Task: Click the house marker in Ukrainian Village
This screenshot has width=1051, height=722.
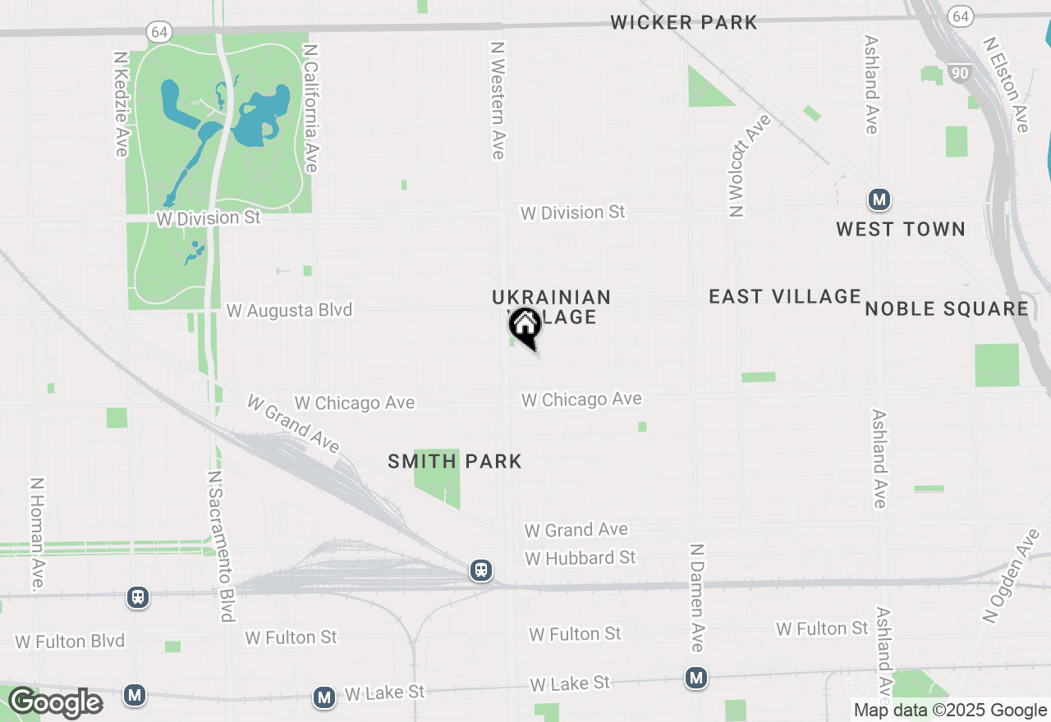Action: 524,326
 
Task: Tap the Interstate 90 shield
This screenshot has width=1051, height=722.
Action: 959,73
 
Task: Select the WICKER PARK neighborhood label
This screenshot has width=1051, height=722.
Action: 684,22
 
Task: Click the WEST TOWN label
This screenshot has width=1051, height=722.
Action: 901,229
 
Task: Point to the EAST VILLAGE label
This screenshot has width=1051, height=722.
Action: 785,296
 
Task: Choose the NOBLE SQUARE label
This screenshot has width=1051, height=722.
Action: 947,308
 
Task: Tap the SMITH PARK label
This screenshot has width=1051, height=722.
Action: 455,461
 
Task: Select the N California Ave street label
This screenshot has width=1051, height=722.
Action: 310,108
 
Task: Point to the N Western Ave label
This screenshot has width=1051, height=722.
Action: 498,100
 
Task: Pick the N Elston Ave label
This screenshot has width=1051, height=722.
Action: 1006,84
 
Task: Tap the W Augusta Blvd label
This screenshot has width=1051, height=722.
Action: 289,310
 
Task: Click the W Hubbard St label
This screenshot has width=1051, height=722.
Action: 581,558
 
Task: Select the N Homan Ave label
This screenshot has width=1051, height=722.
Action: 38,534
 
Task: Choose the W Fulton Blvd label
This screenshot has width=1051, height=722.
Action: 70,641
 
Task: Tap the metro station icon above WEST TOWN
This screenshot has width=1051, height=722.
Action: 879,199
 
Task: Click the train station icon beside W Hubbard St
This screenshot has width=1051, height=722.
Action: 481,569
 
